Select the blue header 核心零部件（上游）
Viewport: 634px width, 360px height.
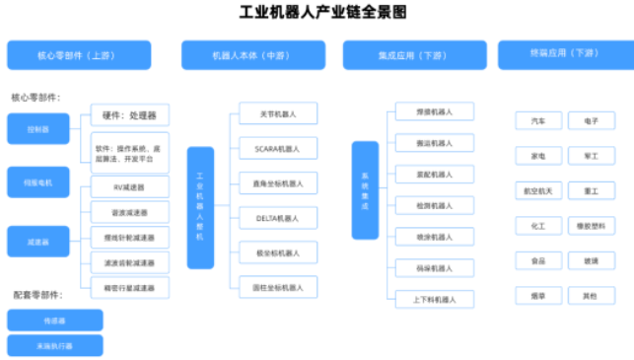[79, 55]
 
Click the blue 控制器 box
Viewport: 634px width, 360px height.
[37, 128]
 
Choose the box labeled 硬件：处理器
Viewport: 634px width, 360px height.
[129, 115]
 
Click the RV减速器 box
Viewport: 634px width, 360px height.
[129, 187]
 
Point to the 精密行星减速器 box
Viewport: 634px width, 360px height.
[129, 288]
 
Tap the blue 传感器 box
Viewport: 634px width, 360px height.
[54, 321]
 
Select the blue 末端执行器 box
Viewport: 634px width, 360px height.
[54, 346]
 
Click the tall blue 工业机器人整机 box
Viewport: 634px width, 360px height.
[200, 208]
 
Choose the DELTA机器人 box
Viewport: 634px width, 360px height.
[277, 217]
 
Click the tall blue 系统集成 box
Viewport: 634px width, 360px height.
[365, 189]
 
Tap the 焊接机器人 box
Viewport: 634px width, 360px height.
[434, 111]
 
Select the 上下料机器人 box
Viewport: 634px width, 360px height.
[434, 298]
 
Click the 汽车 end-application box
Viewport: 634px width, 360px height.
[538, 120]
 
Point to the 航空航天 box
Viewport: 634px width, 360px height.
[538, 190]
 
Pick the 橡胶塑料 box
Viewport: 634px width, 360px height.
[591, 226]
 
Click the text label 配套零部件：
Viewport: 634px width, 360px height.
[37, 295]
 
